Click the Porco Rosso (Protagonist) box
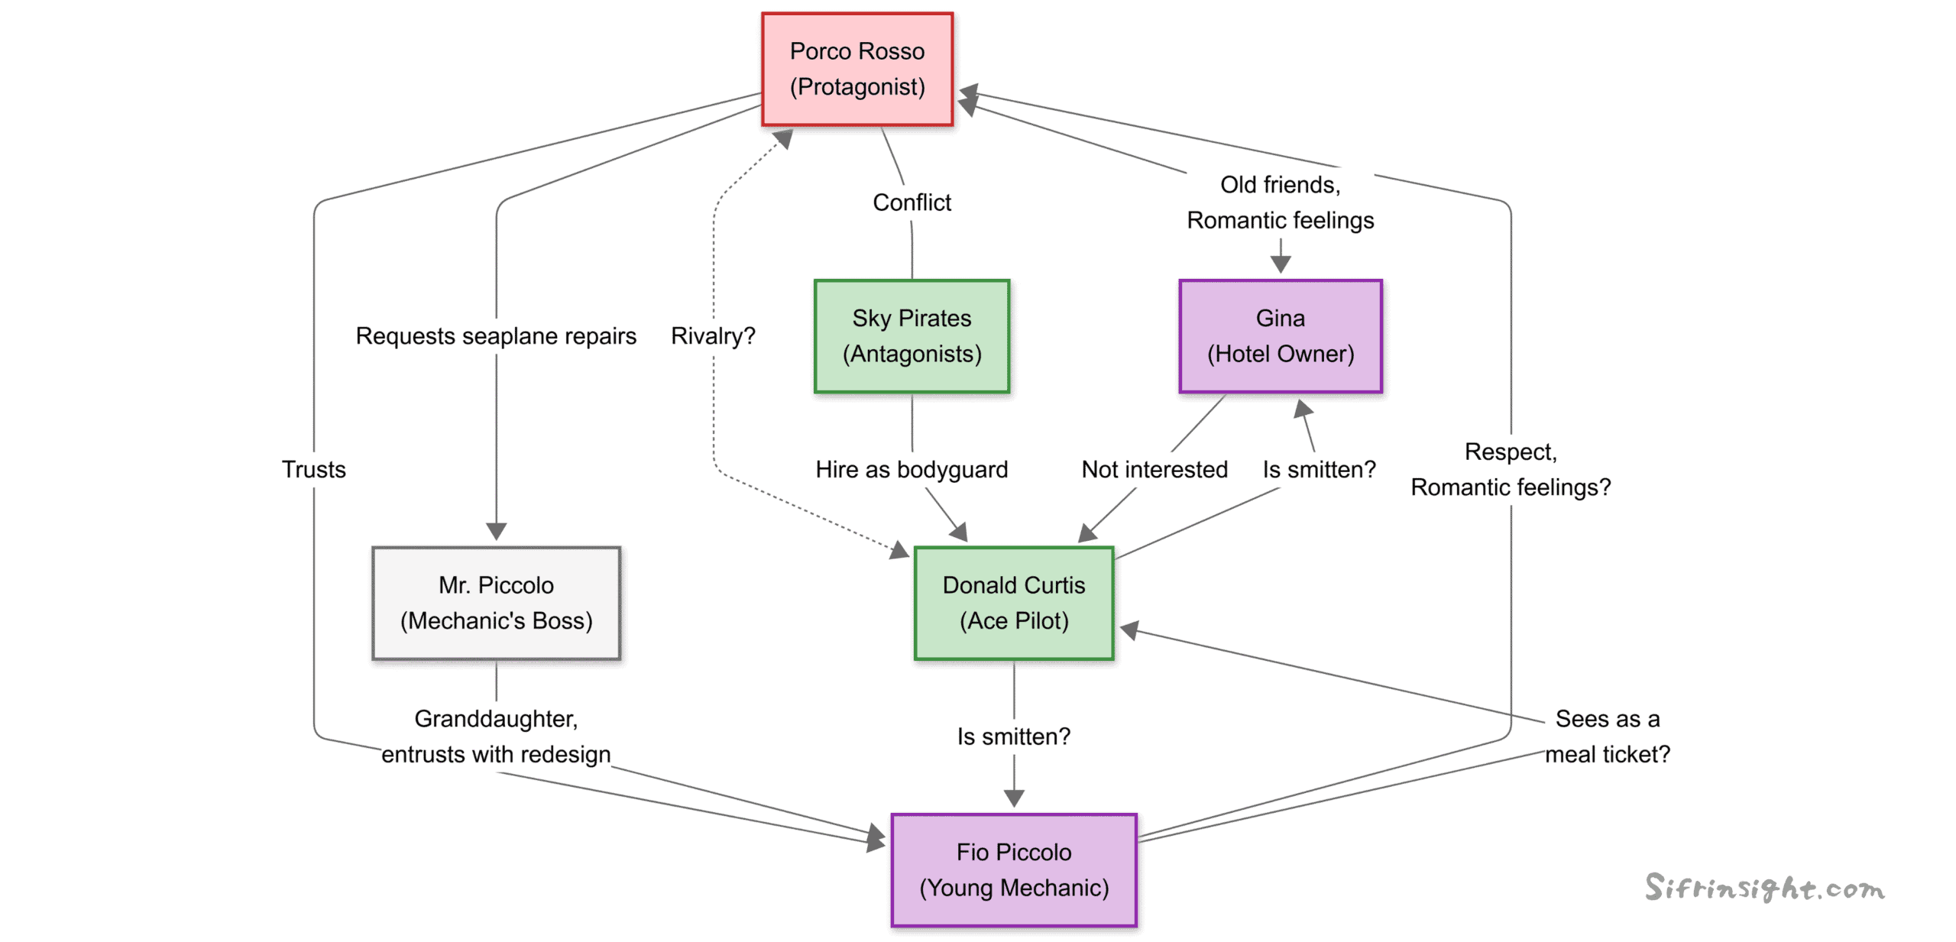pos(857,69)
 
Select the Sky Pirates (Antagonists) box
pos(911,336)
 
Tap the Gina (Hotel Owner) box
pos(1280,336)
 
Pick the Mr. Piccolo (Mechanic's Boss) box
pos(496,603)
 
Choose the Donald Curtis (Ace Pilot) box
pos(1013,603)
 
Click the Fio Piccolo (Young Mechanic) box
pos(1013,869)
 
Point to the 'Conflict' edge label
pos(912,202)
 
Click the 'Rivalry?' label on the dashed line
pos(712,336)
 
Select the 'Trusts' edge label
pos(313,469)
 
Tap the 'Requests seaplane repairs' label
pos(496,336)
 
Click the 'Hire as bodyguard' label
pos(912,469)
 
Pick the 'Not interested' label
pos(1154,469)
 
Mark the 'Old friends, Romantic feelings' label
pos(1280,202)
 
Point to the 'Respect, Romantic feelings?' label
pos(1510,469)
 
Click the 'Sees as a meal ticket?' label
pos(1607,736)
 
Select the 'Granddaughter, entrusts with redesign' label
pos(496,736)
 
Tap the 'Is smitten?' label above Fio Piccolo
pos(1013,736)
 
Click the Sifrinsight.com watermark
pos(1764,888)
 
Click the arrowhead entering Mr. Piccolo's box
pos(496,532)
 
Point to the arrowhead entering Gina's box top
pos(1280,265)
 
